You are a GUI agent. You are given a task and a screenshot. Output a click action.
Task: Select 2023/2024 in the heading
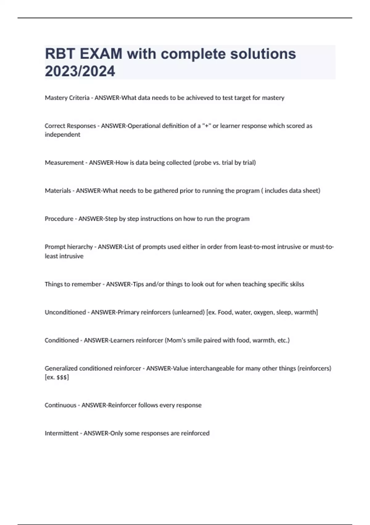click(x=80, y=71)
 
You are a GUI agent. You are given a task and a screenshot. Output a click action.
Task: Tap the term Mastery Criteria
click(x=67, y=98)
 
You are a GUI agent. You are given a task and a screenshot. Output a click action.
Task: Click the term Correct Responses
click(x=70, y=126)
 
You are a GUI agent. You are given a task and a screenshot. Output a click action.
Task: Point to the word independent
click(x=62, y=135)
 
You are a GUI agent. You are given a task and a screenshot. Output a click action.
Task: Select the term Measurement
click(x=64, y=163)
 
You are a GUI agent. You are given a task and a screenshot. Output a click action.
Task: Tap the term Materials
click(x=58, y=191)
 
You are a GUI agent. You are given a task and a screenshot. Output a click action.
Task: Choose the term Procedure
click(x=59, y=219)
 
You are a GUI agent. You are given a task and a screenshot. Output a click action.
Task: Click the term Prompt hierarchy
click(x=69, y=247)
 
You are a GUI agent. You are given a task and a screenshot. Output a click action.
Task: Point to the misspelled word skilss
click(x=296, y=284)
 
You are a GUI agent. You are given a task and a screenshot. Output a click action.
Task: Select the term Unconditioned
click(x=65, y=312)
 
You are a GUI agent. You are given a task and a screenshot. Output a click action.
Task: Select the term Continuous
click(x=60, y=405)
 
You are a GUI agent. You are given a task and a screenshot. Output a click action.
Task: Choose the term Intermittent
click(x=62, y=433)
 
